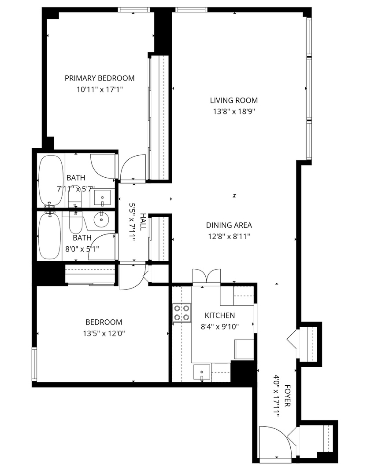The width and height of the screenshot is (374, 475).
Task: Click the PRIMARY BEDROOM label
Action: pos(100,78)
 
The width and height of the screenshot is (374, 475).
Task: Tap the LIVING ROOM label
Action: pos(234,100)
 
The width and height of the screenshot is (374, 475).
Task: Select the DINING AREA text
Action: pos(229,225)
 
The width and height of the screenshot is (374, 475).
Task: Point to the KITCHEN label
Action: pos(220,315)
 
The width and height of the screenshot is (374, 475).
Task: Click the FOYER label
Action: pos(288,396)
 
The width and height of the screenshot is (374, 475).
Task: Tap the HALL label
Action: pos(143,222)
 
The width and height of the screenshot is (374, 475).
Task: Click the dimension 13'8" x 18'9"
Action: pos(234,111)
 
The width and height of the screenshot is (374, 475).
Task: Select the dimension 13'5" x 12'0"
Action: pos(104,333)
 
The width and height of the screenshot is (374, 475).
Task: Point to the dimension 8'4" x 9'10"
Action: pos(220,326)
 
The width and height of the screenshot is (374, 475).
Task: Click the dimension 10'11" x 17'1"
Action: pos(100,89)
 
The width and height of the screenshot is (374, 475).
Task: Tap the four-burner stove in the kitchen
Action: pos(181,313)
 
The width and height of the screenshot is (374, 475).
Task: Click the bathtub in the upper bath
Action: pos(51,181)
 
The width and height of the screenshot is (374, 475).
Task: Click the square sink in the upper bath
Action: pos(102,198)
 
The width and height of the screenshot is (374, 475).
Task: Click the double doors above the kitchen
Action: pos(207,276)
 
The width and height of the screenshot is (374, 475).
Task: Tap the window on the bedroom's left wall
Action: pos(34,364)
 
